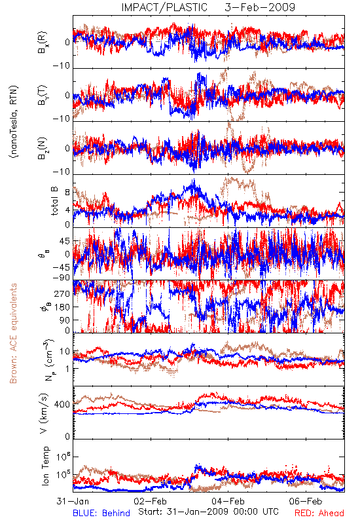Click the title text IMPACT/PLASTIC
[164, 7]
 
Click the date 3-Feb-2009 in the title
[260, 7]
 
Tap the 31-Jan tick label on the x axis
[73, 501]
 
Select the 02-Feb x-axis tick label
[151, 501]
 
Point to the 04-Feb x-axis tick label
[228, 501]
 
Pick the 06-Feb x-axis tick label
[306, 501]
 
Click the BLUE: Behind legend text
[101, 513]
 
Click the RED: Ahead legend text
[319, 513]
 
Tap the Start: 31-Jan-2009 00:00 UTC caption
[208, 512]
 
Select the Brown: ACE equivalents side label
[13, 333]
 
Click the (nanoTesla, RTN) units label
[14, 122]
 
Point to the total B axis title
[54, 201]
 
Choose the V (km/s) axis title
[43, 413]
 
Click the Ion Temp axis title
[45, 466]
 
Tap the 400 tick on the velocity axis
[62, 404]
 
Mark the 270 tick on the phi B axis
[62, 293]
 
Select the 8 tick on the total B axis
[68, 193]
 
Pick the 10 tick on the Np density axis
[65, 352]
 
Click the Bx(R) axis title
[43, 43]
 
